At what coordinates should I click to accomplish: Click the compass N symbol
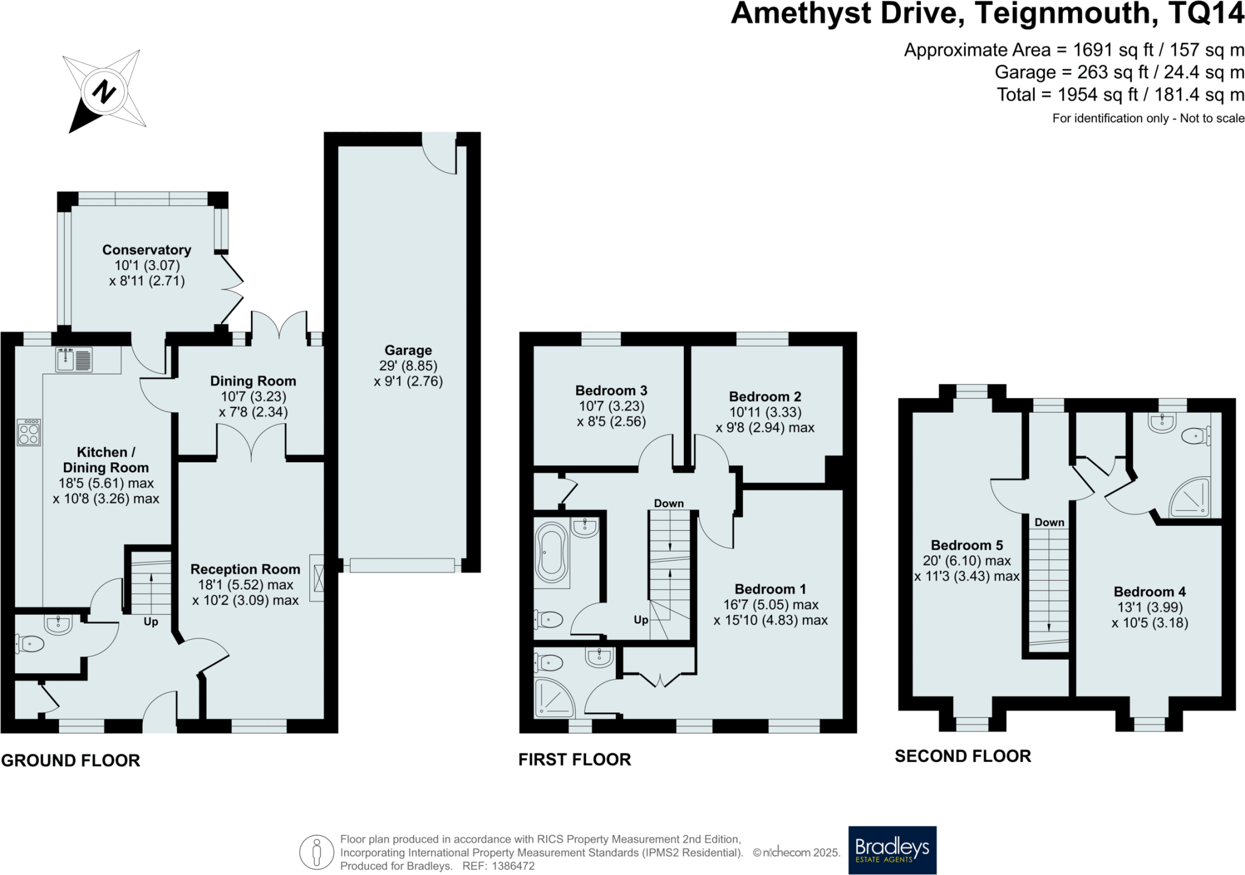pyautogui.click(x=104, y=92)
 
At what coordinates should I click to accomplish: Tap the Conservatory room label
pyautogui.click(x=147, y=250)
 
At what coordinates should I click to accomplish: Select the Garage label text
pyautogui.click(x=408, y=350)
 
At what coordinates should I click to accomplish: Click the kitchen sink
pyautogui.click(x=74, y=359)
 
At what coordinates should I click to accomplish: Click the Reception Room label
pyautogui.click(x=246, y=569)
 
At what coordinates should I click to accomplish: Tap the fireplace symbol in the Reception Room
pyautogui.click(x=317, y=578)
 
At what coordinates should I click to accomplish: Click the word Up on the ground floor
pyautogui.click(x=151, y=621)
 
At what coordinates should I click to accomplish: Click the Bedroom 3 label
pyautogui.click(x=611, y=390)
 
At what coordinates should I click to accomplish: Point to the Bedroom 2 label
pyautogui.click(x=765, y=396)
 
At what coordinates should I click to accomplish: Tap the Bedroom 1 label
pyautogui.click(x=770, y=589)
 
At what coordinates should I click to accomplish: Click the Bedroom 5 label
pyautogui.click(x=967, y=545)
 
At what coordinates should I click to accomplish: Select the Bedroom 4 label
pyautogui.click(x=1150, y=592)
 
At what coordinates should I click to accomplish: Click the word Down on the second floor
pyautogui.click(x=1049, y=522)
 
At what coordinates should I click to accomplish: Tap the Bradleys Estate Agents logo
pyautogui.click(x=892, y=850)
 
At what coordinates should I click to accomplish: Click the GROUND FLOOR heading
pyautogui.click(x=71, y=761)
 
